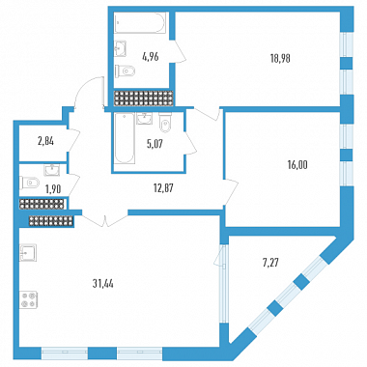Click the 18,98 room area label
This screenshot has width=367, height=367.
pos(280,58)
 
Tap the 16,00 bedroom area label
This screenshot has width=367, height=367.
pos(297,165)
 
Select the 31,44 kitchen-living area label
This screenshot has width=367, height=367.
pos(103,284)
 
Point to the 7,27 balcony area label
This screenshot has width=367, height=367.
pos(270,263)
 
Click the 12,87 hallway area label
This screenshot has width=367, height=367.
pos(163,188)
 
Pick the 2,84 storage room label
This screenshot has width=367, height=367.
pos(45,141)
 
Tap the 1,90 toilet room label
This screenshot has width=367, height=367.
pos(53,189)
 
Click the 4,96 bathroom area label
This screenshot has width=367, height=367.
pos(151,57)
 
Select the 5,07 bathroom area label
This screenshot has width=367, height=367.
pos(155,144)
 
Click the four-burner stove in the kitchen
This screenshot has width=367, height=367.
pos(28,299)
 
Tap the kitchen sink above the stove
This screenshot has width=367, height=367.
pos(28,253)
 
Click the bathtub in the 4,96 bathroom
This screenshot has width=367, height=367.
pos(140,22)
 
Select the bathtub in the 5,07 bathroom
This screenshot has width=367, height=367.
pos(125,138)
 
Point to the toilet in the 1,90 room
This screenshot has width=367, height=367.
pos(29,183)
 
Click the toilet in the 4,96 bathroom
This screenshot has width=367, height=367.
pos(126,71)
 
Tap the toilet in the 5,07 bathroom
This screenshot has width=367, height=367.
pos(165,123)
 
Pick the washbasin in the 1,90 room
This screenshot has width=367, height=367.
pos(52,170)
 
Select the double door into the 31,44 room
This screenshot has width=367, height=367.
pos(105,219)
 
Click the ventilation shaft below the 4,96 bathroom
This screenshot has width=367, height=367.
pos(144,99)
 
